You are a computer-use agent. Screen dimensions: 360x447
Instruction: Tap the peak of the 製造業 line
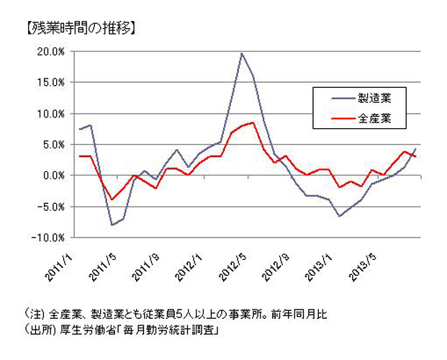click(241, 53)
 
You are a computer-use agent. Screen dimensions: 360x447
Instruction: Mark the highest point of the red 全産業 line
click(253, 122)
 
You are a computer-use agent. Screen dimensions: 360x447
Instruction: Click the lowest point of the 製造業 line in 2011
click(112, 225)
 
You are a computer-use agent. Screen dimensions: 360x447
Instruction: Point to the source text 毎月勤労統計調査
click(175, 331)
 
